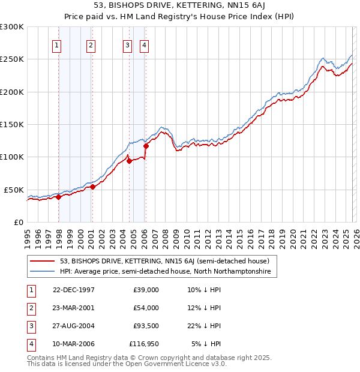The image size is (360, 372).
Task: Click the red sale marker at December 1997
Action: (x=59, y=197)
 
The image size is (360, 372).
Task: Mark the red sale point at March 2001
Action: (x=93, y=187)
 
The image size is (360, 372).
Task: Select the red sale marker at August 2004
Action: (x=130, y=161)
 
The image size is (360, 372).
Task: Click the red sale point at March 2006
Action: (x=146, y=146)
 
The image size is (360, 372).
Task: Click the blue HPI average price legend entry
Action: (x=166, y=272)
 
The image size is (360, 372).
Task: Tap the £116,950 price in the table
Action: (x=143, y=344)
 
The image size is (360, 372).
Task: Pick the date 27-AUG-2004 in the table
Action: (x=73, y=326)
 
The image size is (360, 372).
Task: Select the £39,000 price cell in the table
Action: (x=146, y=290)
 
